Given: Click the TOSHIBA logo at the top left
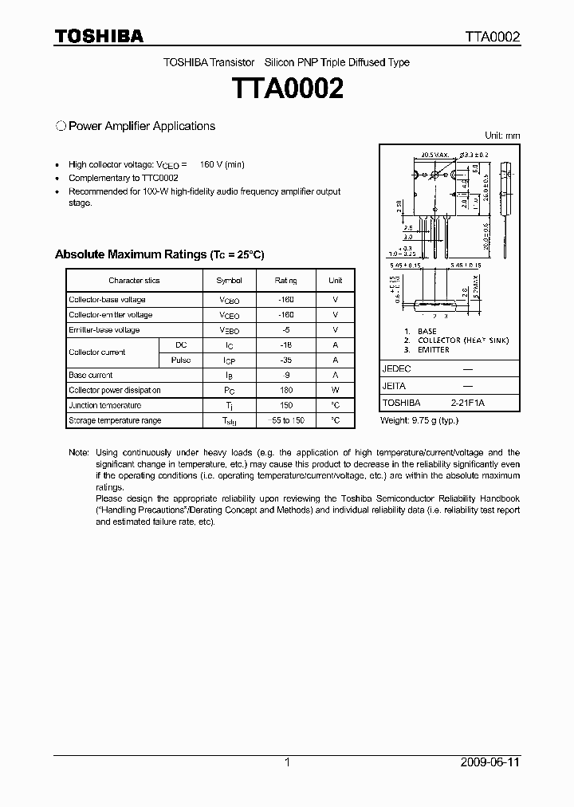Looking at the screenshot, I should [99, 37].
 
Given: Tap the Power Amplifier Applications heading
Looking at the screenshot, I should [141, 126].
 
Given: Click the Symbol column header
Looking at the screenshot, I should [229, 281].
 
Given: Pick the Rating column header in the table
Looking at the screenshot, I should [285, 281].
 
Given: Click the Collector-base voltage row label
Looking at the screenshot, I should [107, 300].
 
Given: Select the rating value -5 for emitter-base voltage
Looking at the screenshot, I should [285, 330].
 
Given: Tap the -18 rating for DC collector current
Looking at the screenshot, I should [285, 345].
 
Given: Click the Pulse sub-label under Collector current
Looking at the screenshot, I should [181, 360].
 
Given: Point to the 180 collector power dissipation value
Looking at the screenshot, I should [285, 391].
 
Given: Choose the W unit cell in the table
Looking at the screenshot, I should [336, 391].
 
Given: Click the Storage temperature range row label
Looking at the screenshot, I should [115, 421].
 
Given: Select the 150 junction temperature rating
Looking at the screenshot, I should [285, 406].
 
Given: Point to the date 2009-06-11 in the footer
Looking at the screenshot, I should [490, 762].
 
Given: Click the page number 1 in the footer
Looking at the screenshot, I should [287, 762].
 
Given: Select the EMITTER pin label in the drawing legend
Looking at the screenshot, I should [433, 350].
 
